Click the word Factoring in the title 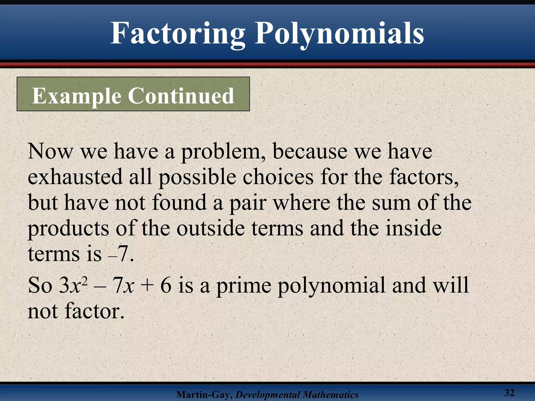178,34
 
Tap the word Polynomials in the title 339,34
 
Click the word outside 211,228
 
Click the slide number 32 509,393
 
